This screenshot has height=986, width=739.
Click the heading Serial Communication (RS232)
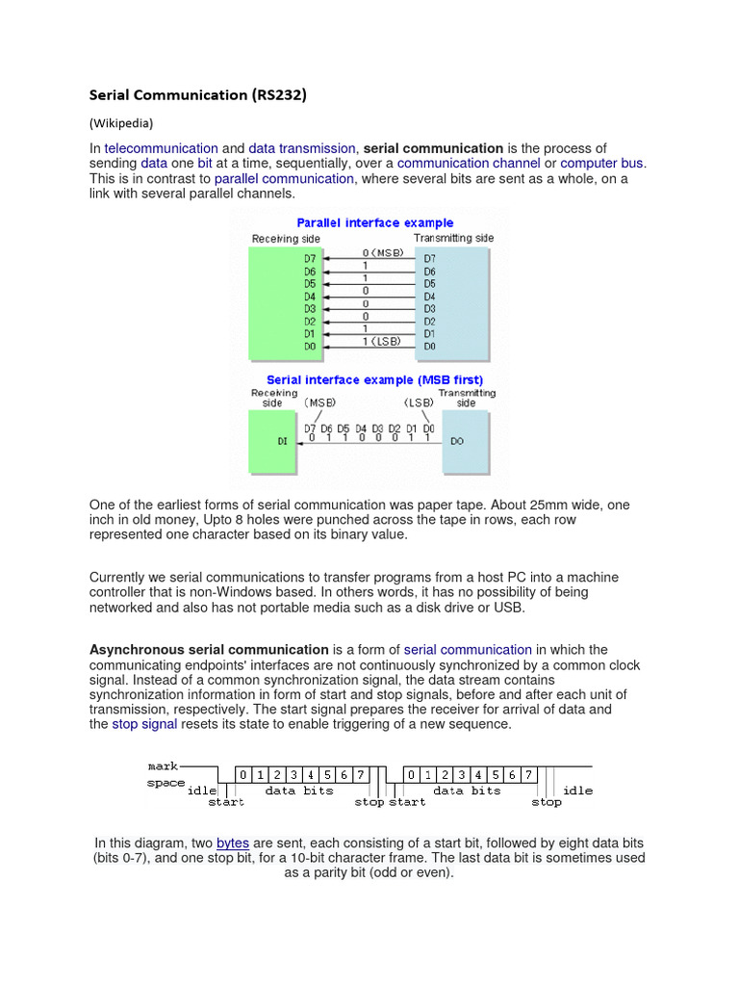coord(198,94)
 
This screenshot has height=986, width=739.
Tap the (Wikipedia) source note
coord(121,123)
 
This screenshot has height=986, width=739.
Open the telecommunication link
coord(161,148)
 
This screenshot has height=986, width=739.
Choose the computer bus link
coord(602,164)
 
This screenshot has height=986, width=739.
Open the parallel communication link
coord(284,179)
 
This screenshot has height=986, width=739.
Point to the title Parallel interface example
coord(374,222)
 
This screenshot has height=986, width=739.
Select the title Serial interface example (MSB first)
coord(374,379)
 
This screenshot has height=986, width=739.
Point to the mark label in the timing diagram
coord(163,766)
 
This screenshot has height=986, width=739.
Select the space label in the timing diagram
coord(166,783)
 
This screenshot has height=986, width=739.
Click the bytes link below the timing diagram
coord(233,843)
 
